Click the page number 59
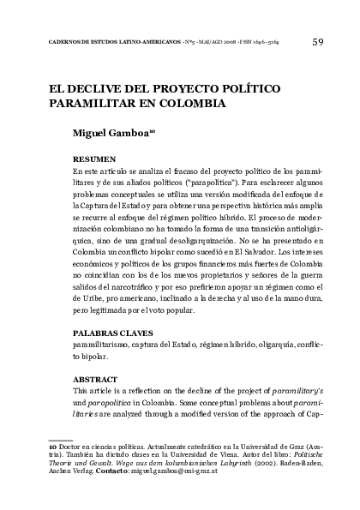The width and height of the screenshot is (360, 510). click(318, 40)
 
